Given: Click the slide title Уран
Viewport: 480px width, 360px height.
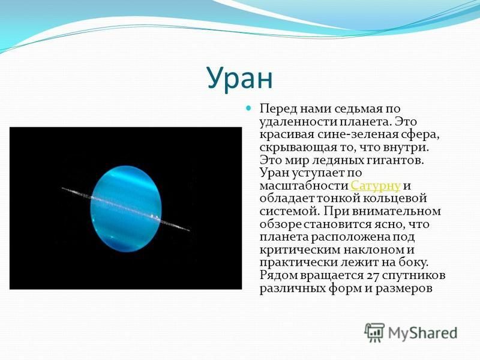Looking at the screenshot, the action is [239, 78].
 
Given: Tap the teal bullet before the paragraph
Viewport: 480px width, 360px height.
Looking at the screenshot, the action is [248, 108].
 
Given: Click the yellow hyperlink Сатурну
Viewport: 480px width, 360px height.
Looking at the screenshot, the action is [376, 186].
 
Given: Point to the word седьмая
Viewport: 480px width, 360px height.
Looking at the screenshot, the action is [356, 109].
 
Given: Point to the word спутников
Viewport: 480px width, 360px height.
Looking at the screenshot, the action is [415, 275].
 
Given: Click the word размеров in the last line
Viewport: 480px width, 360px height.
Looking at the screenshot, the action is [404, 289].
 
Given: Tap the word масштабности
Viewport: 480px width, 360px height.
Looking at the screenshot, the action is [304, 186].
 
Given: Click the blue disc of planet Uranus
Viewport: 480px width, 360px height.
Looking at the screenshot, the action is [126, 209].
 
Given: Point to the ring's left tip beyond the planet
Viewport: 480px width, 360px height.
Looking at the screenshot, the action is [62, 188].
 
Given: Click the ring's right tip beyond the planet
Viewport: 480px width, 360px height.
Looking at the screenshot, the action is [189, 230].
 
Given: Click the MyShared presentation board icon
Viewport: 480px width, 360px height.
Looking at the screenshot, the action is [374, 332].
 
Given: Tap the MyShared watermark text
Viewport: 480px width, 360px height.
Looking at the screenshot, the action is [422, 333].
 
